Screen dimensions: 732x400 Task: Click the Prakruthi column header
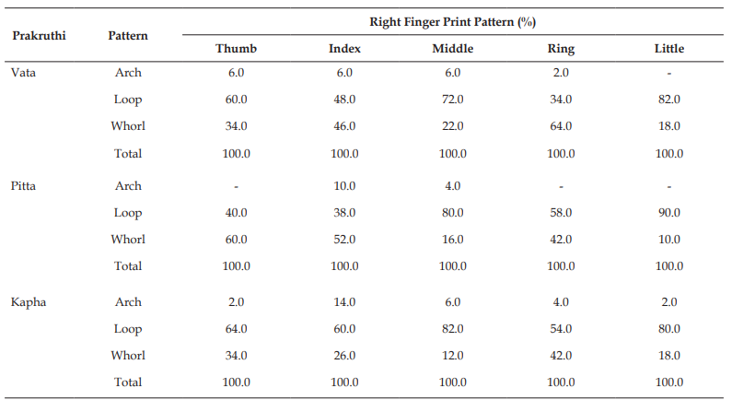click(x=40, y=36)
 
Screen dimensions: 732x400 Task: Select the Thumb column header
click(x=237, y=49)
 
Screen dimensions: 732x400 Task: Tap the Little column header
click(x=669, y=49)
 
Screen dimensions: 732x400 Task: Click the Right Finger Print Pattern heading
click(x=452, y=22)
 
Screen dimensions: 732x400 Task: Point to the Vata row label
click(x=23, y=73)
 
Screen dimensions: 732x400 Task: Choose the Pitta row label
click(x=23, y=186)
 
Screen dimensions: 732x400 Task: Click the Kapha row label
click(x=29, y=302)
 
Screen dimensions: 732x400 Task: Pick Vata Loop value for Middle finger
click(x=452, y=100)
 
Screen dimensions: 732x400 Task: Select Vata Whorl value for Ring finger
click(x=561, y=126)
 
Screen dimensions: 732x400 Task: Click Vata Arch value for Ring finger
click(x=561, y=73)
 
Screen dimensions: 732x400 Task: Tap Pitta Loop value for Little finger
click(x=669, y=213)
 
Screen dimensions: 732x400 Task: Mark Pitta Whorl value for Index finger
click(x=344, y=240)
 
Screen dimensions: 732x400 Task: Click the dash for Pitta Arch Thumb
click(x=237, y=187)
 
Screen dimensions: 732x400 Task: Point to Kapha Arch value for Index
click(x=344, y=302)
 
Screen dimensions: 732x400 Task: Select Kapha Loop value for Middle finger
click(x=452, y=329)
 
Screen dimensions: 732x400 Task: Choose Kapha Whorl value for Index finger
click(x=344, y=356)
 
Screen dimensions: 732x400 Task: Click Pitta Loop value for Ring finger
click(x=561, y=213)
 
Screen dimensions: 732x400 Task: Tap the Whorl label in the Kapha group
click(x=128, y=356)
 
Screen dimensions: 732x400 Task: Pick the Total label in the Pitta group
click(x=128, y=265)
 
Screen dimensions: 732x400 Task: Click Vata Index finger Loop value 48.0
click(x=344, y=100)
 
